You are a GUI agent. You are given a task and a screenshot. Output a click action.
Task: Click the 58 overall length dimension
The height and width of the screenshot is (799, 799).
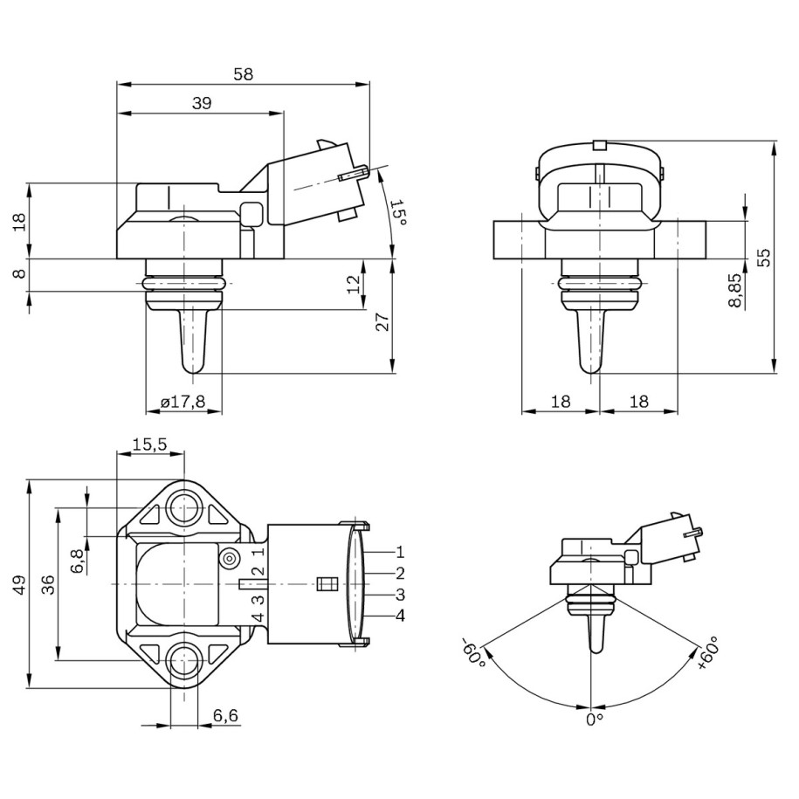click(243, 75)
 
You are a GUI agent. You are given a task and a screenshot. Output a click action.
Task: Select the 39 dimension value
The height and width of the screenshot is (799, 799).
click(201, 103)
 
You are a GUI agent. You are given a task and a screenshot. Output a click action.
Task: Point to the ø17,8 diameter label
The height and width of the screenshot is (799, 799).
click(183, 402)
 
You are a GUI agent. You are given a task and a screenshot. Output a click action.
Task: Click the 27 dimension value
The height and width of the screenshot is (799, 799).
click(382, 322)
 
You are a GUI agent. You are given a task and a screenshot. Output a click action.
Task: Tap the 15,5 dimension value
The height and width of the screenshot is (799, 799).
click(149, 444)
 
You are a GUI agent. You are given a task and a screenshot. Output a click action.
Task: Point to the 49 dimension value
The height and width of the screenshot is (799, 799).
click(19, 584)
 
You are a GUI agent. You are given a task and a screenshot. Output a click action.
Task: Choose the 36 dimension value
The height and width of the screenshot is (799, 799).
click(49, 584)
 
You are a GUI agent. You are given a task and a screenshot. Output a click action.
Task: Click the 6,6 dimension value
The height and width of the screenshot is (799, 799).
click(225, 715)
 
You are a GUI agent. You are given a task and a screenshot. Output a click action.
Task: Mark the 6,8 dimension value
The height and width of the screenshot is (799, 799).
click(78, 560)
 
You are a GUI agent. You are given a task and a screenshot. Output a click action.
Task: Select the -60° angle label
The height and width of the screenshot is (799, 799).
click(472, 652)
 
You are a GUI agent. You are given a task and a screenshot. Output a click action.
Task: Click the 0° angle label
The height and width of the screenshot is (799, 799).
click(595, 719)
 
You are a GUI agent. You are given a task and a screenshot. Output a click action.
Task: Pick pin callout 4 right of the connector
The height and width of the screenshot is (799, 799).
click(400, 616)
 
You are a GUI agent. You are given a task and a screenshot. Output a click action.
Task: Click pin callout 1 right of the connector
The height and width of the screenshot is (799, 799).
click(400, 552)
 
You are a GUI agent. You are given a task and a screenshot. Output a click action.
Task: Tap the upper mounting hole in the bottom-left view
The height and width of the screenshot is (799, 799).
click(184, 506)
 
